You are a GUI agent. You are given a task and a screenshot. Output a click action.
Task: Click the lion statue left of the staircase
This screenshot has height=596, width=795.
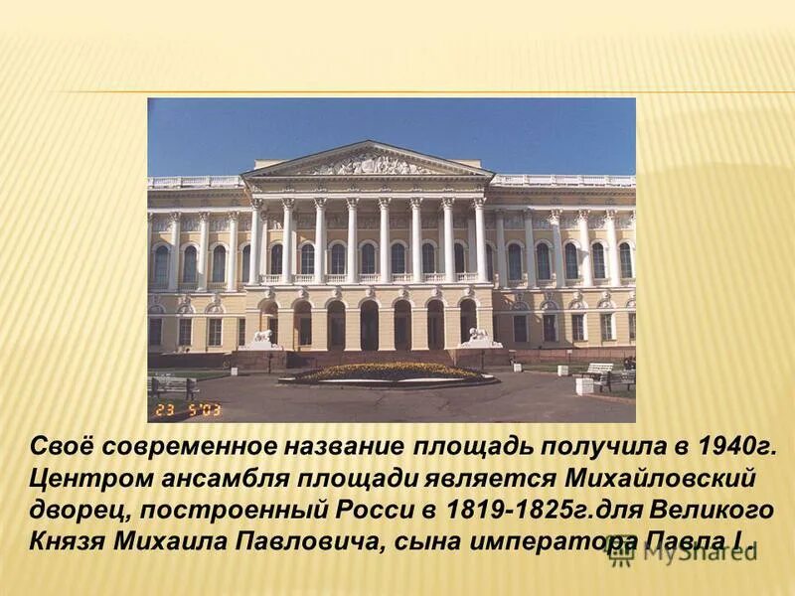pyautogui.click(x=262, y=337)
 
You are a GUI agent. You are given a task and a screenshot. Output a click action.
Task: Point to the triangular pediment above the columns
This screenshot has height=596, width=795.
pyautogui.click(x=368, y=162)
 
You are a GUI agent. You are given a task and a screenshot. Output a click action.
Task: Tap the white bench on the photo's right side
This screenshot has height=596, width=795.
pyautogui.click(x=598, y=370)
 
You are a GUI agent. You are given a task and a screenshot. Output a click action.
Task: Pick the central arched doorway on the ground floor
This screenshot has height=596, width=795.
pyautogui.click(x=369, y=325)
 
